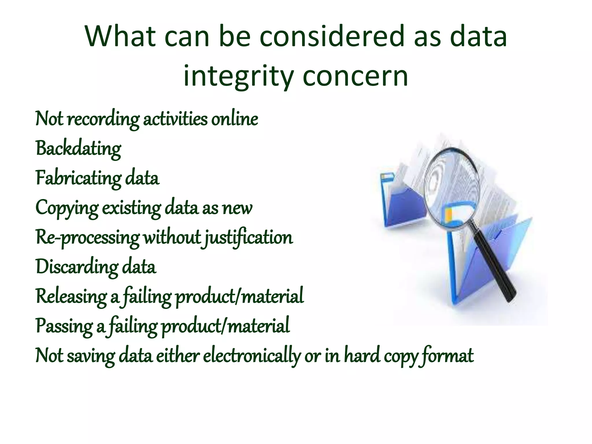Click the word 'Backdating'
pyautogui.click(x=78, y=149)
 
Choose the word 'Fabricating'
pyautogui.click(x=78, y=178)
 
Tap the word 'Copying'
pyautogui.click(x=67, y=208)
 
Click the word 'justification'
pyautogui.click(x=249, y=238)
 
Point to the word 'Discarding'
pyautogui.click(x=77, y=267)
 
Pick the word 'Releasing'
pyautogui.click(x=71, y=297)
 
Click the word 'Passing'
pyautogui.click(x=64, y=326)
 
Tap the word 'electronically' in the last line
pyautogui.click(x=252, y=356)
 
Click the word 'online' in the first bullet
pyautogui.click(x=234, y=119)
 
